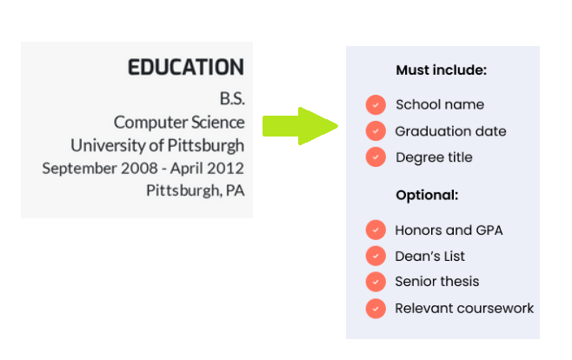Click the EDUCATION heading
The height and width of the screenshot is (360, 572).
click(185, 68)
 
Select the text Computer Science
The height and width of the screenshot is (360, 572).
click(179, 122)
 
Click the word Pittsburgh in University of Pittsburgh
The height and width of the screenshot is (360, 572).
click(208, 144)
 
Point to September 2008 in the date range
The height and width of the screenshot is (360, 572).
click(90, 168)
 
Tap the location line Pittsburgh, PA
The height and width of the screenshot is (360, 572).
click(195, 190)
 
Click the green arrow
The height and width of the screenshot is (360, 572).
click(299, 125)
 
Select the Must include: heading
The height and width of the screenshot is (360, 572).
click(441, 70)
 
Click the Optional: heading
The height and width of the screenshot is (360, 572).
click(427, 195)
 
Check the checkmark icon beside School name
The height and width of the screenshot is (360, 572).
click(376, 104)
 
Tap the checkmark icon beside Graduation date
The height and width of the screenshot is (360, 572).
click(376, 131)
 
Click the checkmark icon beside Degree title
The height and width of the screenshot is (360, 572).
click(376, 157)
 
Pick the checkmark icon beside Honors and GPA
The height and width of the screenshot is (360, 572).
click(376, 230)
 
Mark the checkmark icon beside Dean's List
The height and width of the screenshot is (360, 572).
click(376, 256)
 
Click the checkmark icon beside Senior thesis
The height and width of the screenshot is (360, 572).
click(376, 282)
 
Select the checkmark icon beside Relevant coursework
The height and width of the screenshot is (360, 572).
click(376, 308)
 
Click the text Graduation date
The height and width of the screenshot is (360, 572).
click(450, 131)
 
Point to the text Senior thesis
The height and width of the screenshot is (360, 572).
click(436, 282)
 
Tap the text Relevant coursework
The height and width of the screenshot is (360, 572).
click(464, 308)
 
